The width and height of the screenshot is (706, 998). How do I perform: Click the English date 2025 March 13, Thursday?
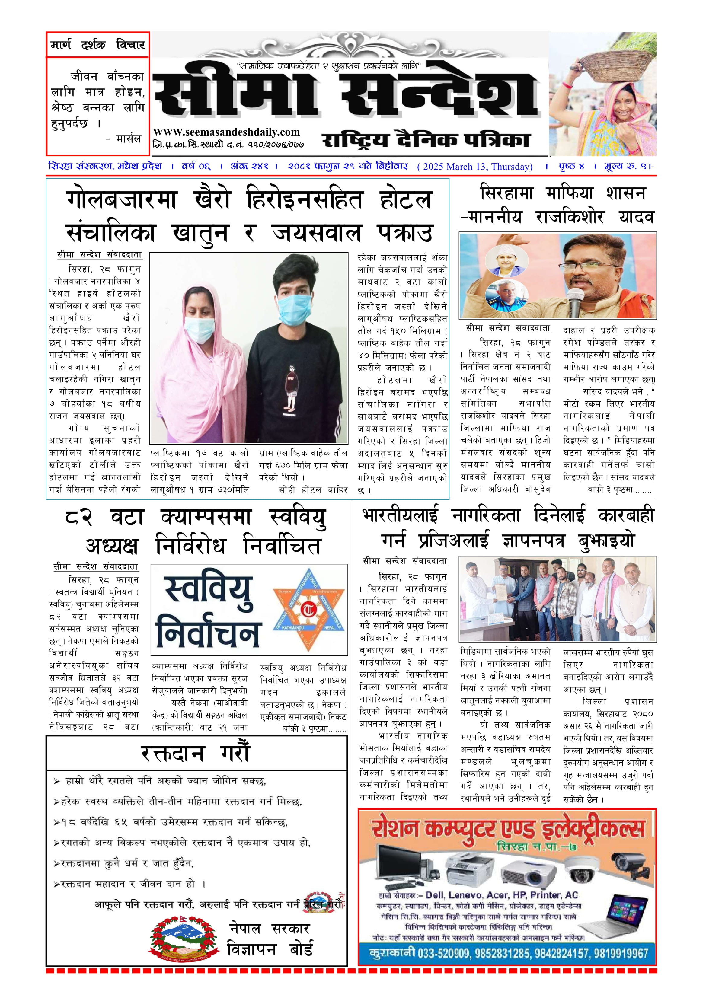pyautogui.click(x=475, y=167)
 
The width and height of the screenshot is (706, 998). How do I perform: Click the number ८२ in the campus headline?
pyautogui.click(x=79, y=518)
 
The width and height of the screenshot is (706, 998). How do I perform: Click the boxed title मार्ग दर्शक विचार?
pyautogui.click(x=98, y=44)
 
